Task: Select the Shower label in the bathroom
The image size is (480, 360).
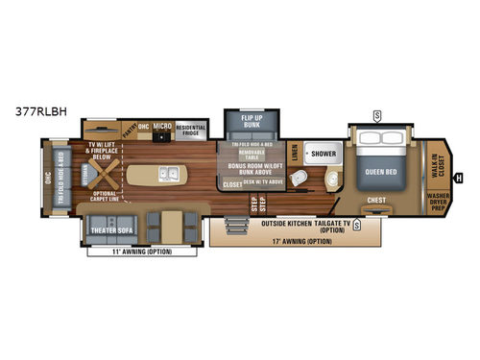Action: (322, 152)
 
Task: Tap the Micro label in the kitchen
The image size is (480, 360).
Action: (161, 127)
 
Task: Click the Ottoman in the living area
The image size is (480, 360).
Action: (83, 166)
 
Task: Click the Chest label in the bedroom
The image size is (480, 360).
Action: (375, 202)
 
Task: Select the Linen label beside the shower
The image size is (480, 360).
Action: (294, 152)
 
